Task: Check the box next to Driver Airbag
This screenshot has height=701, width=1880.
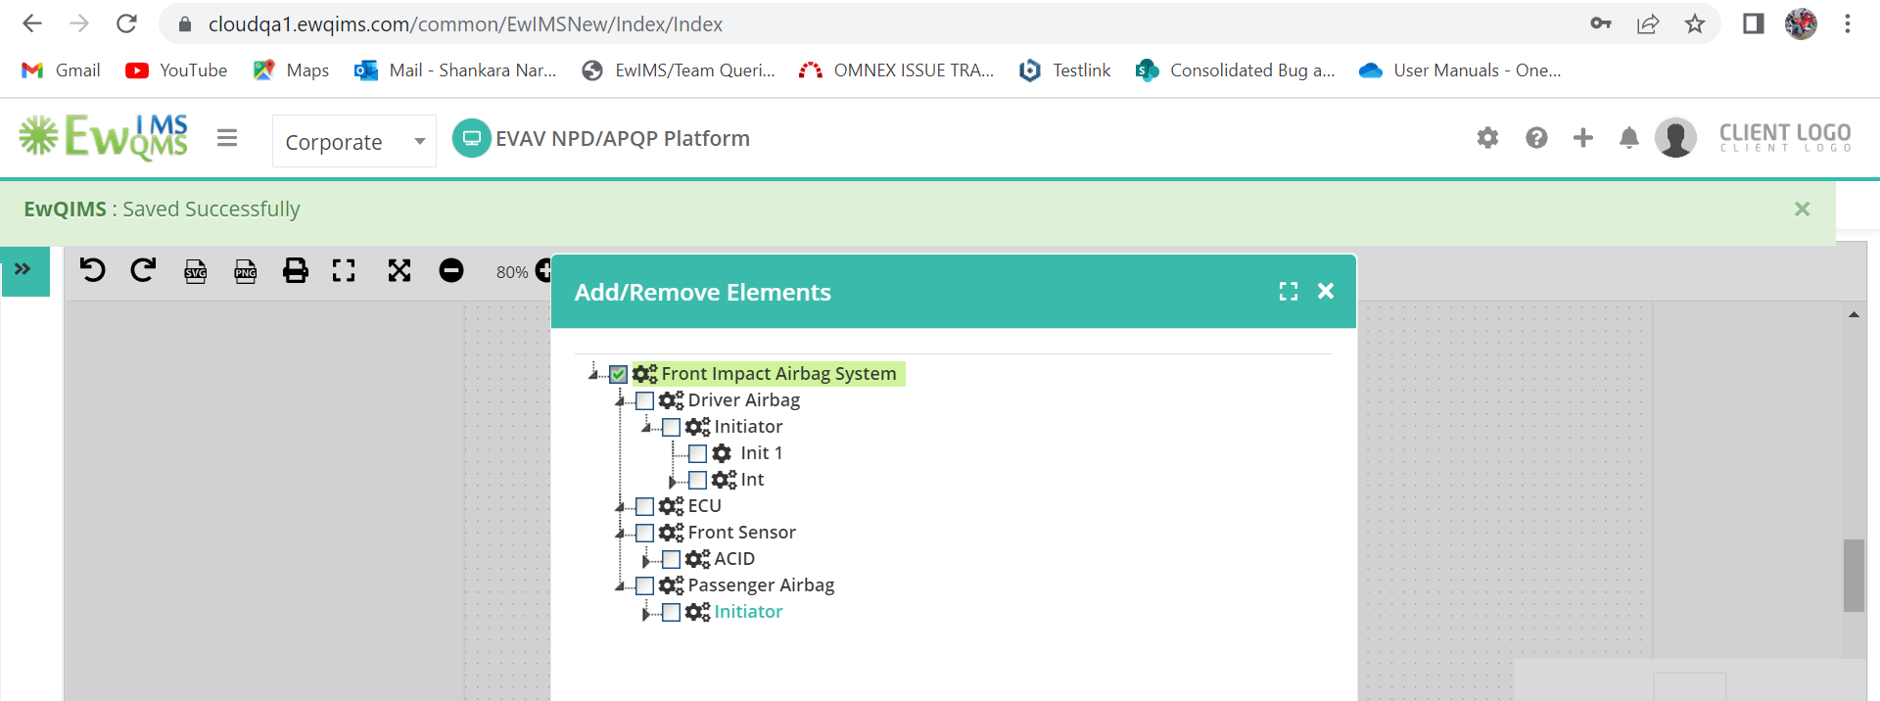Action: tap(644, 400)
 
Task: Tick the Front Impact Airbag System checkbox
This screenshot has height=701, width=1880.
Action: tap(618, 374)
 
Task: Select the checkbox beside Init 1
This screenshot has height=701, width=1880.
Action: tap(697, 453)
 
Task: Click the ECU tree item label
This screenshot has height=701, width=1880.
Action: tap(704, 506)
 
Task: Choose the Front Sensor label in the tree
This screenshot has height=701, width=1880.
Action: tap(741, 533)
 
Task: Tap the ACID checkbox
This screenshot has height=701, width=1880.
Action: tap(671, 559)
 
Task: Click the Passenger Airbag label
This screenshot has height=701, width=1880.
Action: tap(761, 585)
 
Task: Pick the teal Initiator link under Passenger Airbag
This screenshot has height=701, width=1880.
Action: tap(748, 612)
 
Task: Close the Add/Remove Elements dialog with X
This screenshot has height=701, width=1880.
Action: tap(1326, 291)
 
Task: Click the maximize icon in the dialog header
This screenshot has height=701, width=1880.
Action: tap(1289, 291)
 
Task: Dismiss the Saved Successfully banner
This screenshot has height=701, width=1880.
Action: tap(1802, 209)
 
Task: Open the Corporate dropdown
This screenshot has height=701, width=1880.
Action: tap(353, 141)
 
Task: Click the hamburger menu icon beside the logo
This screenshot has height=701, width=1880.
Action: tap(227, 138)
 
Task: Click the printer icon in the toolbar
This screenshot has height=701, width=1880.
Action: tap(295, 270)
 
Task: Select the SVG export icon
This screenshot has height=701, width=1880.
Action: tap(196, 270)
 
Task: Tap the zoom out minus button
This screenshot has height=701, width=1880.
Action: tap(451, 270)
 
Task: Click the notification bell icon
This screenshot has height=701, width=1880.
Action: tap(1628, 138)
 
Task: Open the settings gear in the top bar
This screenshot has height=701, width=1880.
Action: tap(1487, 138)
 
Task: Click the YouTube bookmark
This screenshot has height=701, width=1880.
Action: tap(176, 70)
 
